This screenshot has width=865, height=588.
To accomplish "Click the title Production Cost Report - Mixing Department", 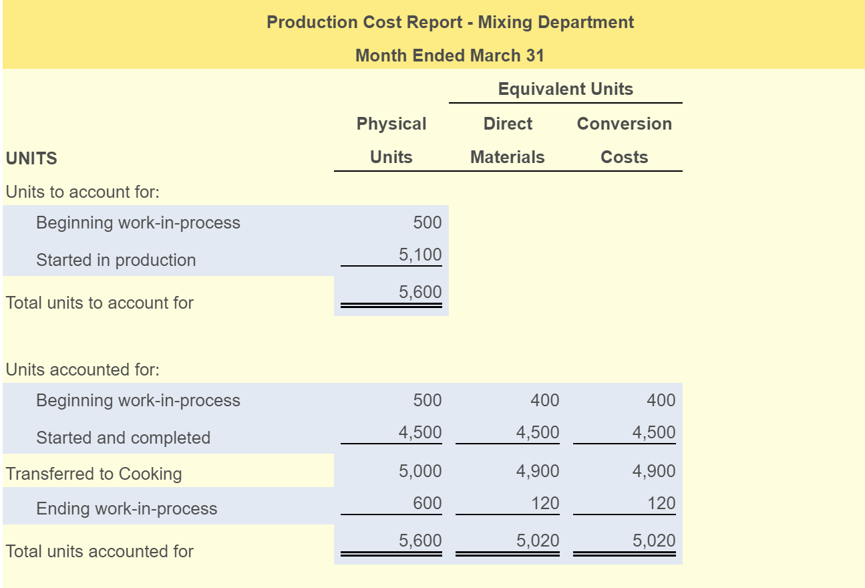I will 450,22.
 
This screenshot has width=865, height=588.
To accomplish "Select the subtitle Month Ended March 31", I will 450,55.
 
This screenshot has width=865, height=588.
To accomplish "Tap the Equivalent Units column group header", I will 565,89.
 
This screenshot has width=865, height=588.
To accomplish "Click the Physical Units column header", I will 391,140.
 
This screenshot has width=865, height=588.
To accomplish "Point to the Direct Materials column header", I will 508,140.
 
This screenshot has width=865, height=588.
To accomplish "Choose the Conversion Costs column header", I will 624,140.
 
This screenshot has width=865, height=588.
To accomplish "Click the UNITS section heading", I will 31,158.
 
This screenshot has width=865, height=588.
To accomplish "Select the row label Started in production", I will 116,260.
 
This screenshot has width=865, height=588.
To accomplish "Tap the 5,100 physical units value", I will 420,255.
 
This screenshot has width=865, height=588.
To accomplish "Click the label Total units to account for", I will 100,303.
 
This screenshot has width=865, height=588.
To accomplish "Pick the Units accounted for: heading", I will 83,370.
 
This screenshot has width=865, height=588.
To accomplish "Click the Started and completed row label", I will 123,438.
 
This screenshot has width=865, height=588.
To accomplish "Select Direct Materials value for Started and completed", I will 538,432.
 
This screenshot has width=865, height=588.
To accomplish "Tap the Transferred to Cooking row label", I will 94,474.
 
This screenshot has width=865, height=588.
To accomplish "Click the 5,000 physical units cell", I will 420,471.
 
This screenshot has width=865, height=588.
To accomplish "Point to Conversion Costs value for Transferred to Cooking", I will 654,471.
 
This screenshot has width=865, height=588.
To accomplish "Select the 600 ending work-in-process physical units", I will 427,503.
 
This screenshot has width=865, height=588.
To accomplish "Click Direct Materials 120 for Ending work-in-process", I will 545,503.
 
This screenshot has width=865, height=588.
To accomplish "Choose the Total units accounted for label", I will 100,551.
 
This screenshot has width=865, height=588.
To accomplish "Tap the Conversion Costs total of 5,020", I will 654,541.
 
